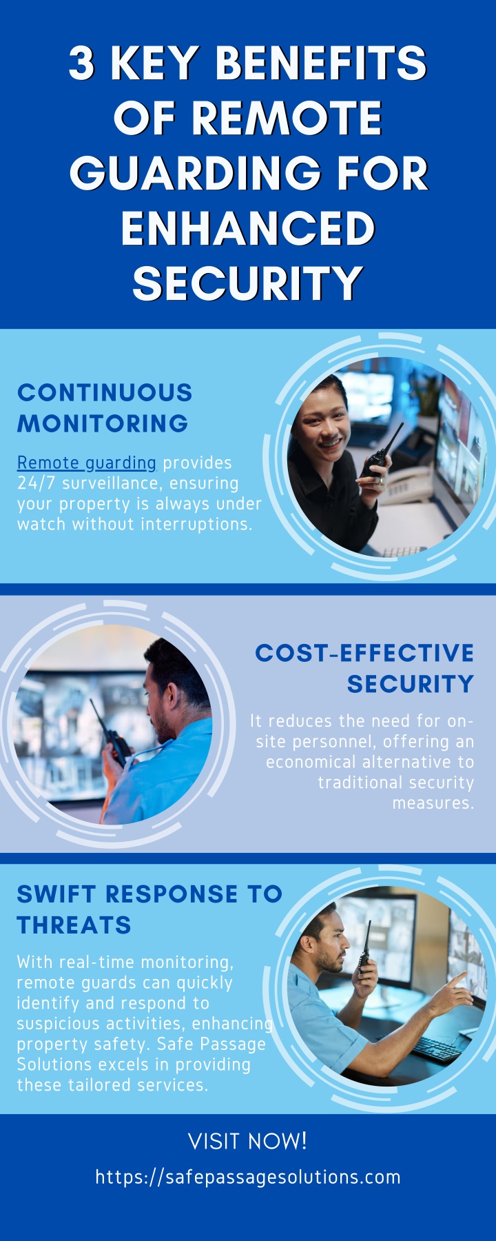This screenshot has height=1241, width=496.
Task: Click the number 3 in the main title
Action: click(x=81, y=63)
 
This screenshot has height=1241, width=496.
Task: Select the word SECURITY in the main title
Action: click(x=248, y=283)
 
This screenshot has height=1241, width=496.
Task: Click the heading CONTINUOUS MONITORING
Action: click(x=104, y=407)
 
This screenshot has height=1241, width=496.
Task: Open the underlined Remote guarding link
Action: click(x=87, y=463)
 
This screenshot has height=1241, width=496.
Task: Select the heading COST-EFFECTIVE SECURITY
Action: click(x=364, y=668)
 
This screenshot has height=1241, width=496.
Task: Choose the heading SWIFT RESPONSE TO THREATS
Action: click(x=149, y=909)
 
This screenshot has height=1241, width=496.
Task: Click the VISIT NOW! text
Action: click(x=248, y=1141)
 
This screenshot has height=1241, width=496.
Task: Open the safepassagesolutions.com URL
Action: click(x=248, y=1177)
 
